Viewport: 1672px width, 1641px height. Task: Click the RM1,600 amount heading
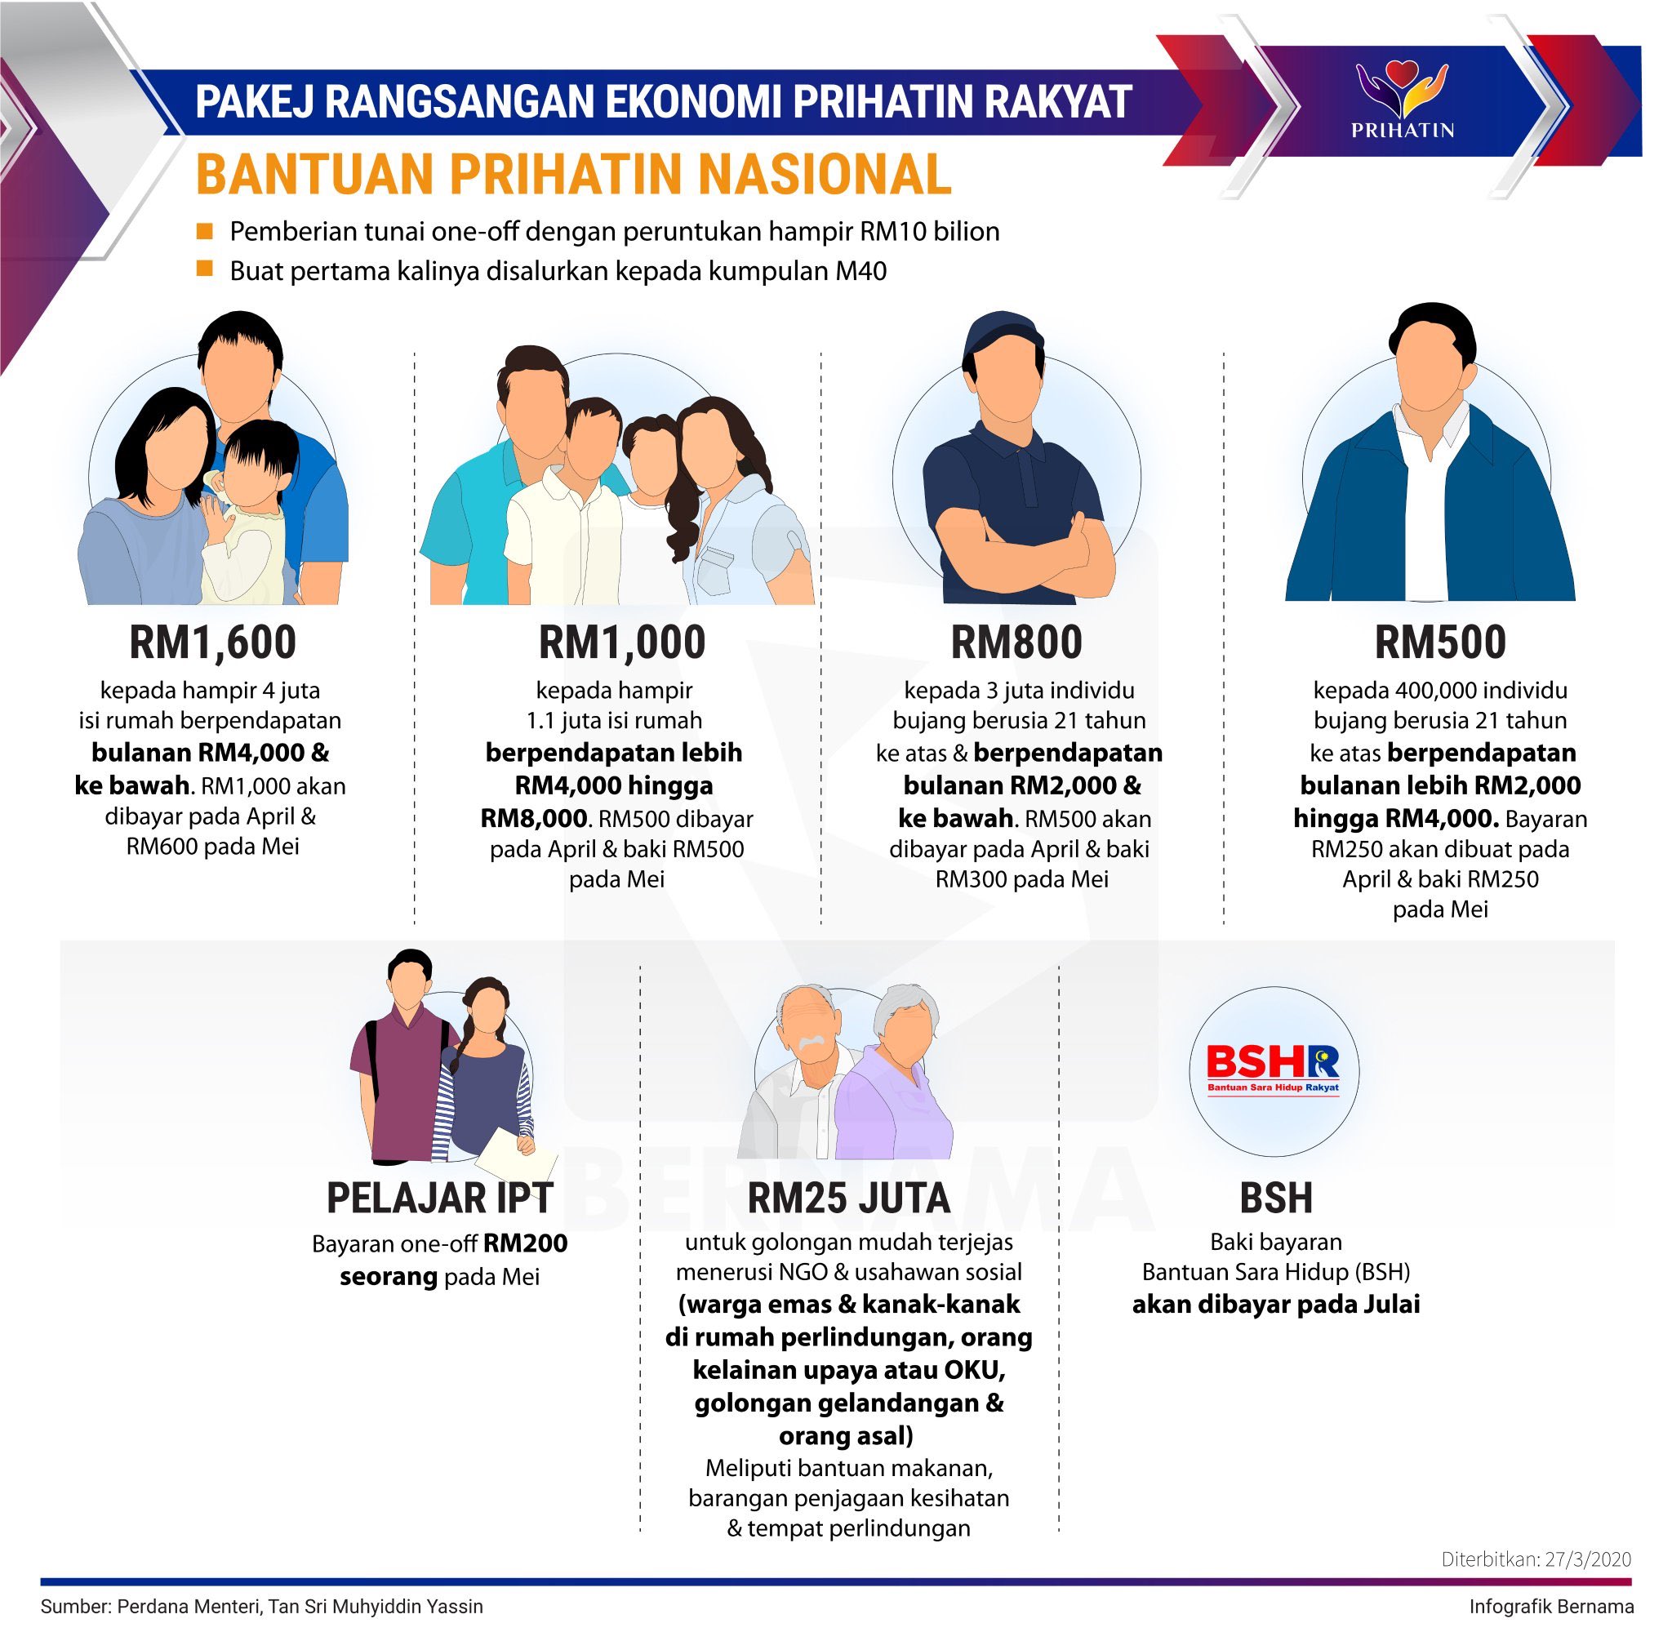[212, 642]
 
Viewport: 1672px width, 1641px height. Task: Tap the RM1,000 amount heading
[621, 642]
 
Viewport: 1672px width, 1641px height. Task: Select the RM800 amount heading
[1016, 642]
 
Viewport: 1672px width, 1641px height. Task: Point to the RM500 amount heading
[1439, 642]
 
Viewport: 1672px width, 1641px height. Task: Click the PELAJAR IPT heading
[439, 1197]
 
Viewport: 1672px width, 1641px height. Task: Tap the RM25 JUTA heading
[848, 1197]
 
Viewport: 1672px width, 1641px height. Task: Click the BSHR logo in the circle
[1273, 1068]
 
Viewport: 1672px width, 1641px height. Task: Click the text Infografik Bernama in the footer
[1551, 1607]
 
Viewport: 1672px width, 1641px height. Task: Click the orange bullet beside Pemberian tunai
[204, 231]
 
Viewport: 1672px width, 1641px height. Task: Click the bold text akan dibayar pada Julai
[1275, 1304]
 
